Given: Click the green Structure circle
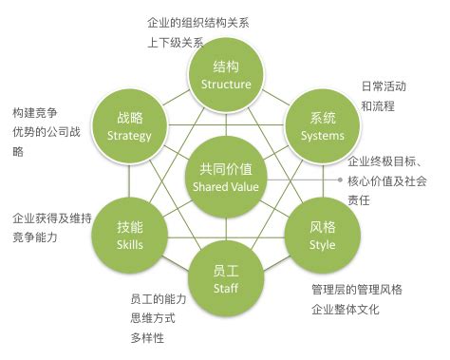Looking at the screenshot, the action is (x=226, y=74).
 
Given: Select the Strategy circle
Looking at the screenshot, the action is (x=130, y=125).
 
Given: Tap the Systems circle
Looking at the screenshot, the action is (x=322, y=125).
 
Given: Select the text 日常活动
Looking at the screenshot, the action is (x=384, y=86).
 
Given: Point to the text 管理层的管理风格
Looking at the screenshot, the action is (x=357, y=289).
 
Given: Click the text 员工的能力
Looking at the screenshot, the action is (x=159, y=298).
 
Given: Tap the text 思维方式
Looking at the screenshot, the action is (x=152, y=318).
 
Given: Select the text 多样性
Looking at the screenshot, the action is (x=146, y=338).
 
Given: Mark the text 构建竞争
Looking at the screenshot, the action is (x=32, y=113).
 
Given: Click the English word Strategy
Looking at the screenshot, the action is (x=130, y=135).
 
